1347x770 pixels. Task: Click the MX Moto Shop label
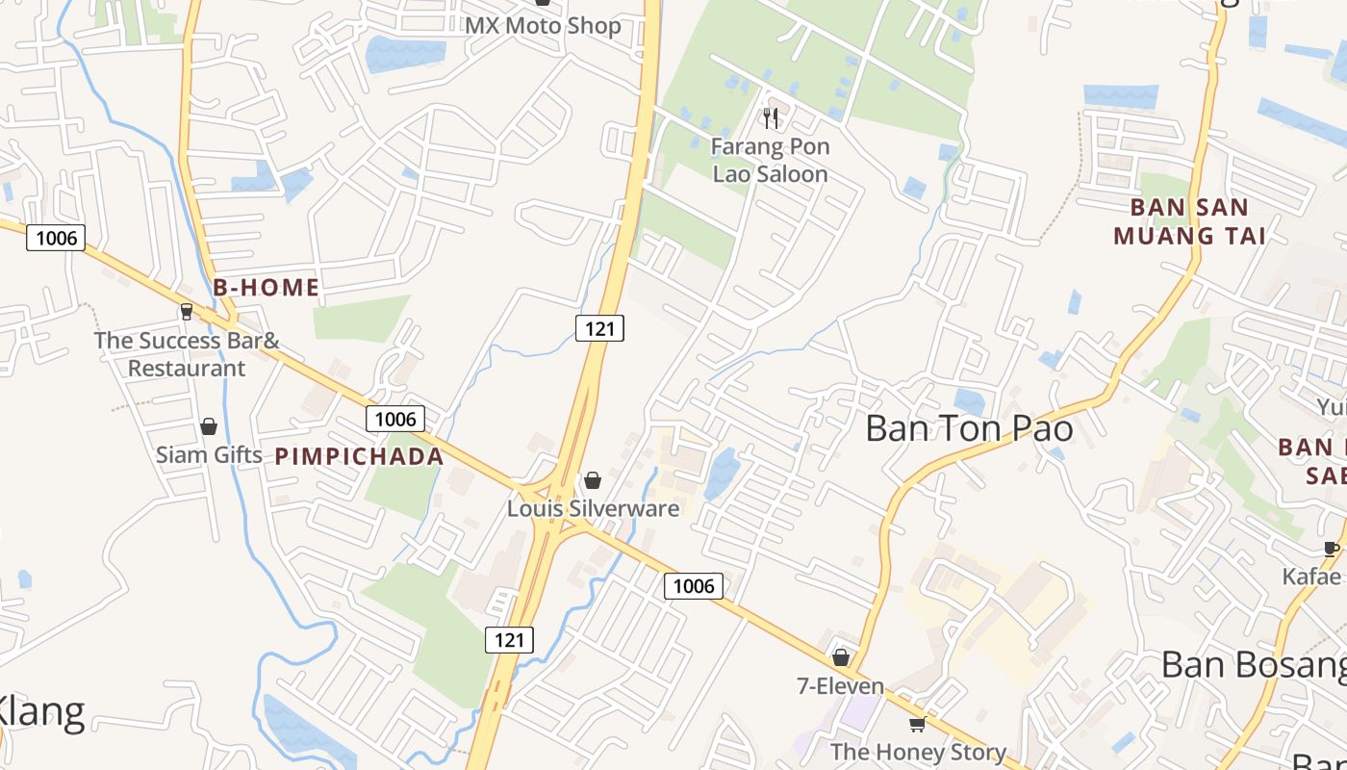point(543,25)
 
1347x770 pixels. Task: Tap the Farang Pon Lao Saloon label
point(770,161)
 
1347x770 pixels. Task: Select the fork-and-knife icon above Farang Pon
point(770,118)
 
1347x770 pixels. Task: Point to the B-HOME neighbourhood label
point(266,287)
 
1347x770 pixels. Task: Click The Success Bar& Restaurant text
point(187,354)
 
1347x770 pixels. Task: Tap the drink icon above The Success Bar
point(187,312)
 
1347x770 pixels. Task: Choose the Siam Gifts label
point(209,454)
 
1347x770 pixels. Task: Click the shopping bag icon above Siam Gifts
point(209,426)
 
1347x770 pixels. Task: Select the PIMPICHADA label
point(360,456)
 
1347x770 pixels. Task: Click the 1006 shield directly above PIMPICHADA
point(394,419)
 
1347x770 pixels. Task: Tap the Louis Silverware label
point(593,508)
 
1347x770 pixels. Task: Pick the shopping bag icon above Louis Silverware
point(593,480)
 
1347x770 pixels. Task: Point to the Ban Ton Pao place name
point(969,428)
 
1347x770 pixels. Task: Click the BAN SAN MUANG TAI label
point(1189,221)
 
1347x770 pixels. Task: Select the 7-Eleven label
point(840,686)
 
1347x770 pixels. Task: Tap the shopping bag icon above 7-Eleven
point(841,658)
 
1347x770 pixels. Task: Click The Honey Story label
point(918,752)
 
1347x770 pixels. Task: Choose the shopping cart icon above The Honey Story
point(917,724)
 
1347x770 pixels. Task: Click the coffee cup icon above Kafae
point(1332,550)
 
